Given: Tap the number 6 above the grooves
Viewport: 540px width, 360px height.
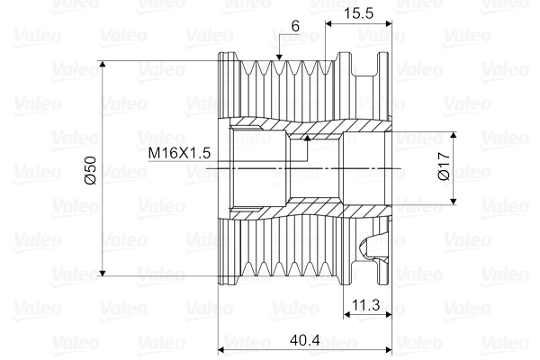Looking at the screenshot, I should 294,27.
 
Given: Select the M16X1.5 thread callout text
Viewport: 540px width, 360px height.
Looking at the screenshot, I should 180,153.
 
